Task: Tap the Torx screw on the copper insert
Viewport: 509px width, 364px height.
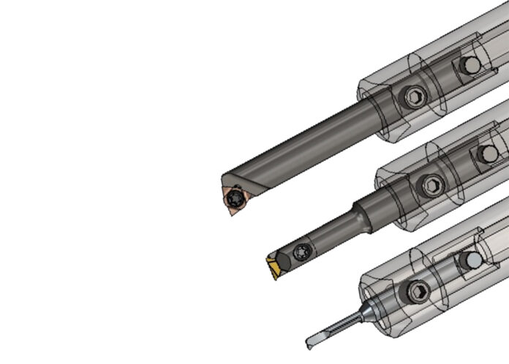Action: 235,197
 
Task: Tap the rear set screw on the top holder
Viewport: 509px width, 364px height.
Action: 471,65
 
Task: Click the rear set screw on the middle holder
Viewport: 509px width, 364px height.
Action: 486,153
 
